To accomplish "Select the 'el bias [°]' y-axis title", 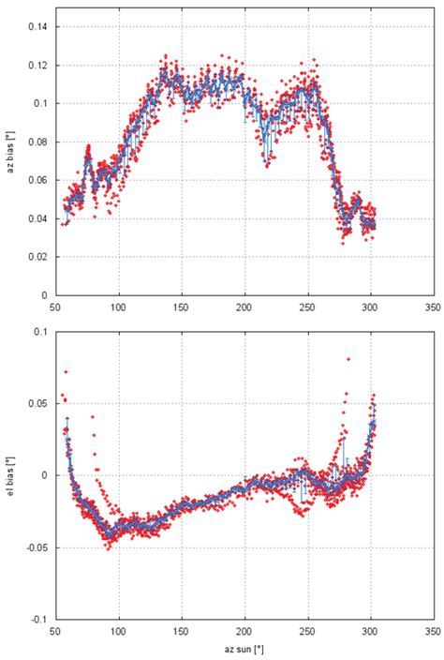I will [8, 475].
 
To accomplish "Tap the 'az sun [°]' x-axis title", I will [245, 649].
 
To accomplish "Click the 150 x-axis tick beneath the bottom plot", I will [182, 632].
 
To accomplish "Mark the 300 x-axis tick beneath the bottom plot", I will [371, 632].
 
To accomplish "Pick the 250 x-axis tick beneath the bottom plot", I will [308, 632].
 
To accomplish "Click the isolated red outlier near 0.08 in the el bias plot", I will [348, 359].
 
